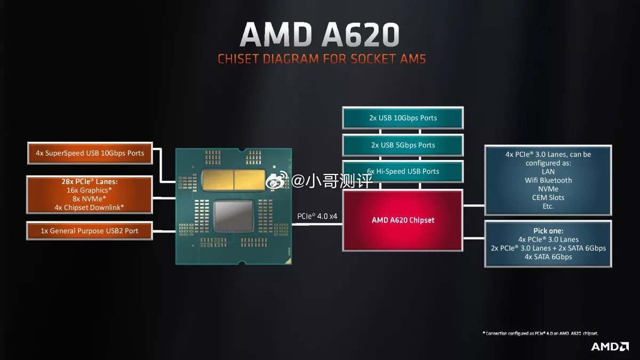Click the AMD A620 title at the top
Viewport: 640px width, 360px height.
tap(319, 34)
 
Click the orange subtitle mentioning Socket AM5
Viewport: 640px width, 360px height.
tap(322, 59)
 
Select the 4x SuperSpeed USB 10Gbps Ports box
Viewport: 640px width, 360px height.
tap(90, 153)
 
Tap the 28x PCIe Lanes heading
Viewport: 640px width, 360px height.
tap(90, 181)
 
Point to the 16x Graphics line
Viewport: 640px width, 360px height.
tap(89, 190)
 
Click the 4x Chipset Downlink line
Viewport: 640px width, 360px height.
tap(89, 207)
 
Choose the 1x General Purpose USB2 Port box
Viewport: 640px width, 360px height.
tap(90, 230)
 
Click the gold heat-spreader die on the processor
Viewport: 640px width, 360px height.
tap(234, 180)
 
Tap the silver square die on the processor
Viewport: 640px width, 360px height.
tap(234, 215)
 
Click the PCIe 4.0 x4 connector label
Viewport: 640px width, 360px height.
tap(317, 217)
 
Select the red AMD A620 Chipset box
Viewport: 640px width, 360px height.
tap(403, 220)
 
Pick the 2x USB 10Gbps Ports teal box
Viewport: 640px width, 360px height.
tap(403, 118)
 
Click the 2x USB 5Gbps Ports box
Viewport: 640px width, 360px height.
tap(403, 145)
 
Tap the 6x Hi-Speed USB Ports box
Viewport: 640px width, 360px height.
tap(403, 171)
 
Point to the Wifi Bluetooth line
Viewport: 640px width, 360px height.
tap(548, 180)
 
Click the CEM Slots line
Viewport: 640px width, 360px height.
tap(548, 197)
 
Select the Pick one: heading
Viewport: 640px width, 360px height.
tap(548, 231)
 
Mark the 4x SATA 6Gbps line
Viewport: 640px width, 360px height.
tap(548, 257)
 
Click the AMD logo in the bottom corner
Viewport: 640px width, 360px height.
tap(610, 347)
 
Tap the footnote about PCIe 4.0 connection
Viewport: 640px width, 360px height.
tap(540, 333)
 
